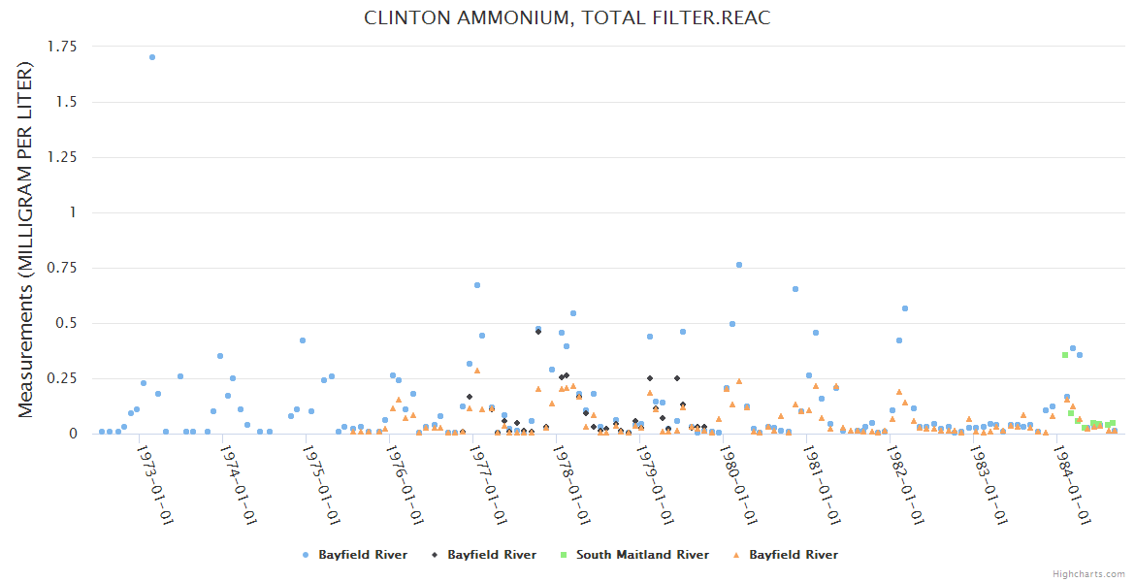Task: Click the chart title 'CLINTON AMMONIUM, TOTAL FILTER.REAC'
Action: (567, 18)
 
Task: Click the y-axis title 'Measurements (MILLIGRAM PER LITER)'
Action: (26, 240)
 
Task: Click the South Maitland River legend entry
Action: (642, 555)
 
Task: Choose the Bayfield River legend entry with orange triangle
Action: (793, 555)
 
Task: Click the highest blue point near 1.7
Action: (152, 57)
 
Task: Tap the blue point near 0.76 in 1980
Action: (739, 265)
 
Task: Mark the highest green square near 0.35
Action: (1064, 355)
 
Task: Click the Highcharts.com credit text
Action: (1088, 573)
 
